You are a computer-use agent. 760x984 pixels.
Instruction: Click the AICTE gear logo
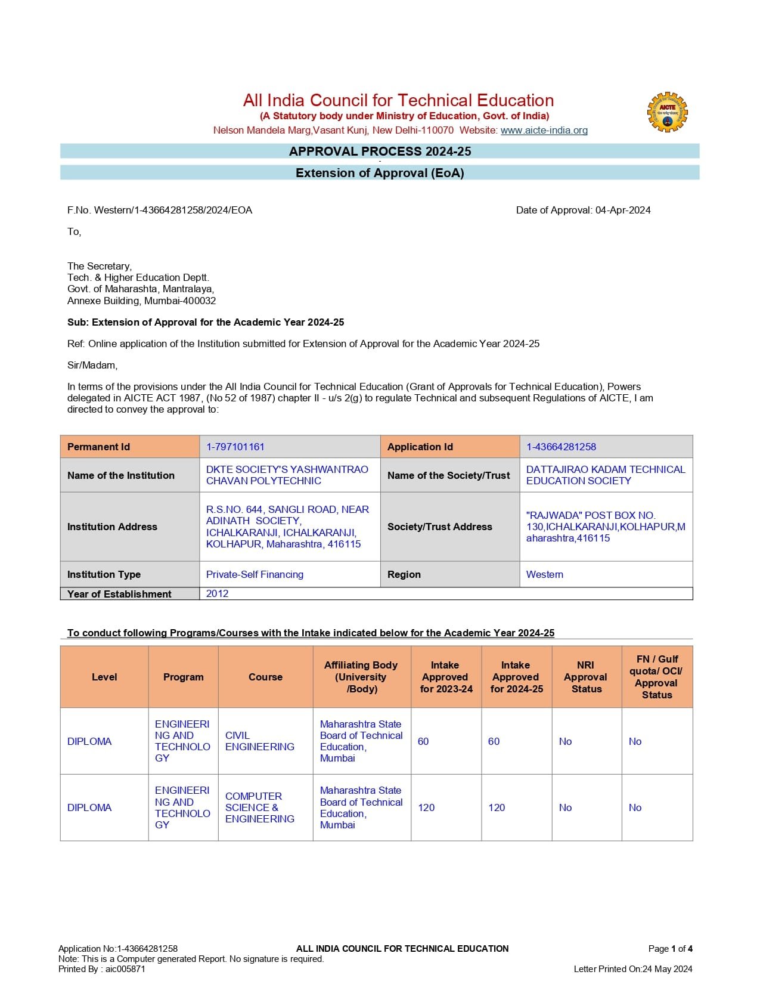tap(667, 112)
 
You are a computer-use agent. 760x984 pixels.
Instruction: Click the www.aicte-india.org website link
tap(544, 130)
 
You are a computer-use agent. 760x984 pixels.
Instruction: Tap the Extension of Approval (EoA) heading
tap(380, 173)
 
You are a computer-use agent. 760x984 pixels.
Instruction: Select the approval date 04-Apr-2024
tap(622, 210)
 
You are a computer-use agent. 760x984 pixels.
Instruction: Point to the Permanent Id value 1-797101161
tap(235, 447)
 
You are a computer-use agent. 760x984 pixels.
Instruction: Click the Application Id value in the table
tap(561, 447)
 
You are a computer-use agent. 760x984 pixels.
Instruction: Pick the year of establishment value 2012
tap(217, 593)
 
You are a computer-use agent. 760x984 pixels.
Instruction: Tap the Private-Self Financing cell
tap(255, 574)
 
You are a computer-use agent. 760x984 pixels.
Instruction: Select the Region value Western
tap(544, 574)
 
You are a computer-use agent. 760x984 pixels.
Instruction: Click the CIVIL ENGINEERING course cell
tap(260, 741)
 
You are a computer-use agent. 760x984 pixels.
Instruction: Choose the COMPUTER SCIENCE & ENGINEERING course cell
tap(260, 807)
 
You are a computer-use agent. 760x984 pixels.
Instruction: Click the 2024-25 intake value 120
tap(497, 807)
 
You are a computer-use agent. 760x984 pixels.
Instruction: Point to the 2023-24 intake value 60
tap(423, 741)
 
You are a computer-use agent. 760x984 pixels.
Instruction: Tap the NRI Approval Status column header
tap(586, 677)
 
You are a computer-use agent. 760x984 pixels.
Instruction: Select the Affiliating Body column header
tap(361, 677)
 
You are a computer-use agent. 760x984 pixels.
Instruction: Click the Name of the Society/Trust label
tap(448, 475)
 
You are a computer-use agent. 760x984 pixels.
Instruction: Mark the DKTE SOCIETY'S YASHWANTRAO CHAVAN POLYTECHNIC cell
tap(287, 475)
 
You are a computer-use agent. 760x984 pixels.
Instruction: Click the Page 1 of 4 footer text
tap(670, 948)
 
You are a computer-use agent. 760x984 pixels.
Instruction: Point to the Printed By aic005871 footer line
tap(101, 968)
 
